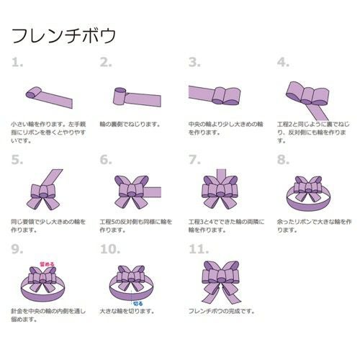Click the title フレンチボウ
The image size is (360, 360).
63,35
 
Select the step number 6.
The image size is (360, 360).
107,159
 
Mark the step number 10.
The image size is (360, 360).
110,249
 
